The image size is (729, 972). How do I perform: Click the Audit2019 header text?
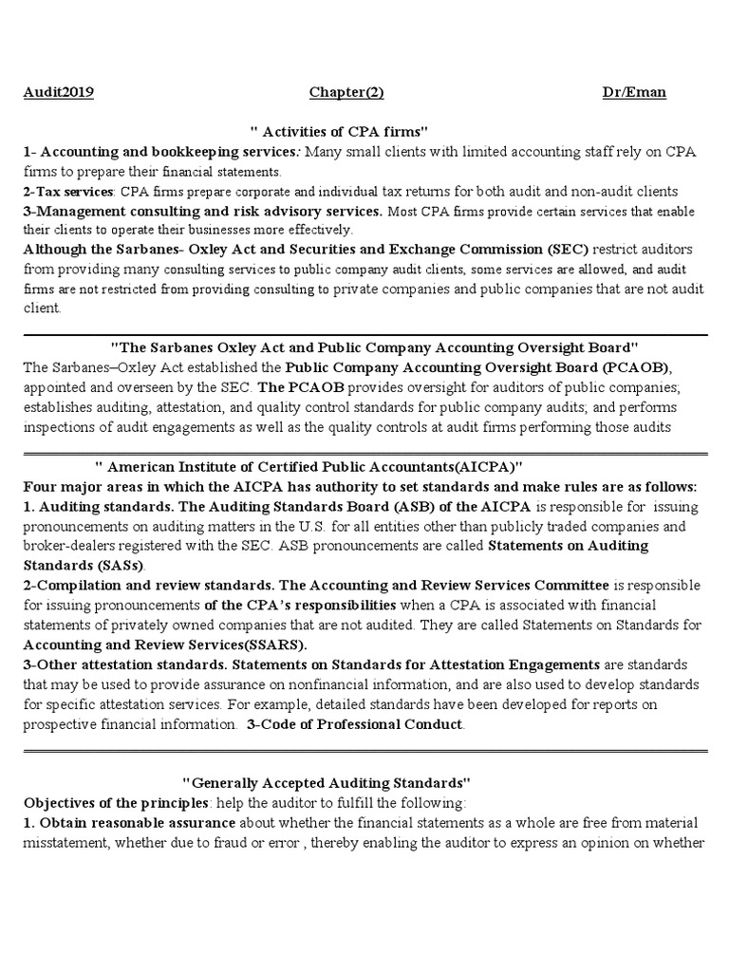coord(58,92)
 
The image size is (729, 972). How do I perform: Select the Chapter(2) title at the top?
coord(346,92)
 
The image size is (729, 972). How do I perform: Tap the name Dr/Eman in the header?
coord(634,92)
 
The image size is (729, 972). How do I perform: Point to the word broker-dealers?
coord(70,546)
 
